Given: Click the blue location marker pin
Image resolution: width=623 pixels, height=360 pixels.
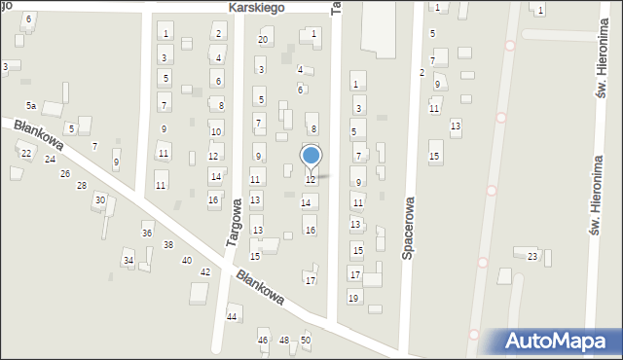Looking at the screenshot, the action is coord(311,156).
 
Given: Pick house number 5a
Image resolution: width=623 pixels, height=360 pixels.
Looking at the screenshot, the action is coord(31,105).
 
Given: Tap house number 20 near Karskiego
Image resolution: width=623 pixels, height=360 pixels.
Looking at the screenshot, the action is coord(263,40).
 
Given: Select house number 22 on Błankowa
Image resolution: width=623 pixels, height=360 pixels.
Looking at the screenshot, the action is coord(26,154).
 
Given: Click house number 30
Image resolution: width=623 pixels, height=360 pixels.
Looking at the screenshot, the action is coord(99,200).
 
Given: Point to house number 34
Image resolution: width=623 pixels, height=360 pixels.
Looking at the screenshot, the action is coord(128,261).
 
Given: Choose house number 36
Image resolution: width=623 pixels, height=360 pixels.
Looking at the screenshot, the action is coord(147,234).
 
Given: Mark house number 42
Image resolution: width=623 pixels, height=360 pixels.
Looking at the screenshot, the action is coord(205,272).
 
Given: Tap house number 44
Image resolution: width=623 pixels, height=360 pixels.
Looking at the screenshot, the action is coord(232,317).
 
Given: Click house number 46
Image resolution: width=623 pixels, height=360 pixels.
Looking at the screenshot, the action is coord(263,340).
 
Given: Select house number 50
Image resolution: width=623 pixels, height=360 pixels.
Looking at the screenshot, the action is coord(306,340).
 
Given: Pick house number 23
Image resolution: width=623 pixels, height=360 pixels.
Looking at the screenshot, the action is coord(532,256).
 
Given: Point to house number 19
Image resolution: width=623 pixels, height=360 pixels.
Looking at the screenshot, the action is coord(353,298).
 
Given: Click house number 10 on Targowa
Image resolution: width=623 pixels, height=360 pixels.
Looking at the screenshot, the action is coord(215,132).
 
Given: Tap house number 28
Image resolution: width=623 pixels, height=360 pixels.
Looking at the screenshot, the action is coord(82,185).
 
